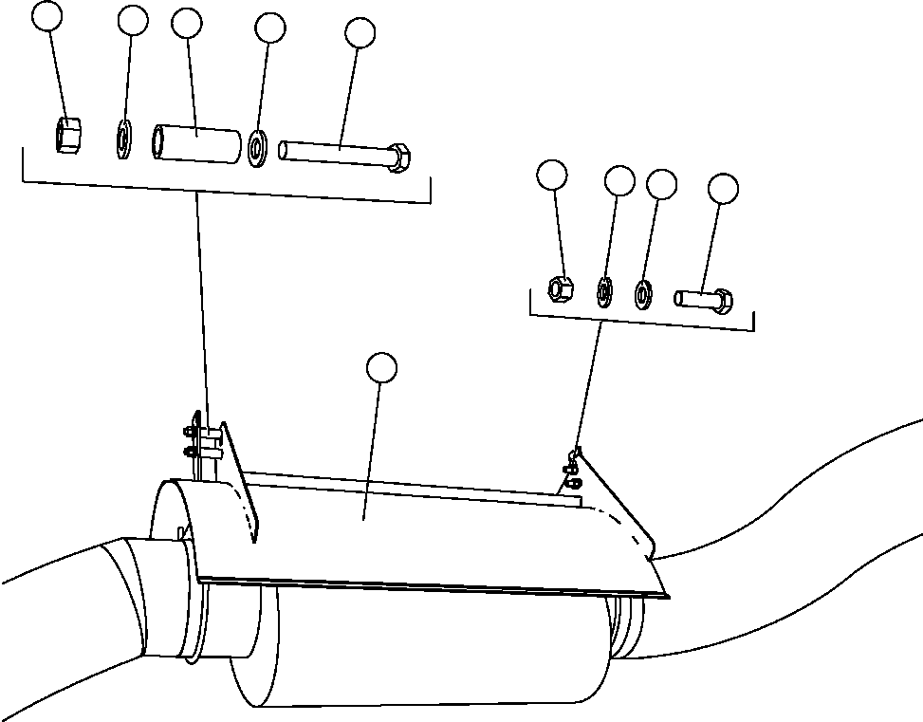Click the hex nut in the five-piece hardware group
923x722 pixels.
click(66, 134)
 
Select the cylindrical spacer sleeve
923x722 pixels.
click(196, 142)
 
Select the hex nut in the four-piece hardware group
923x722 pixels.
click(561, 286)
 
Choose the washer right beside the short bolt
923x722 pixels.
click(642, 293)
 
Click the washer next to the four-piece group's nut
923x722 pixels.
click(602, 290)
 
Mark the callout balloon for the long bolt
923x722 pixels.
click(361, 32)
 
